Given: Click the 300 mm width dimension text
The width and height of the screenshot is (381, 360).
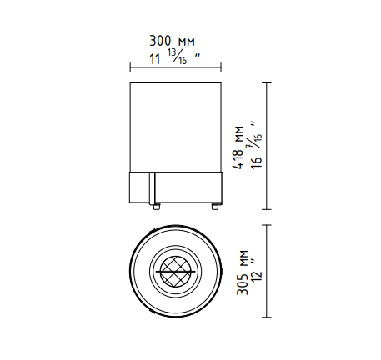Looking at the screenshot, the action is click(172, 41).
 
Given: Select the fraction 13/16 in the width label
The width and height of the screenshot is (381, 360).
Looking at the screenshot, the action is click(177, 57).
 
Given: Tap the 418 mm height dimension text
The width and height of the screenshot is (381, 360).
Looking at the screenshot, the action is click(238, 147).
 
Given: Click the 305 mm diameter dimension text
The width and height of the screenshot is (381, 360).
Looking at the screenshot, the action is click(242, 272).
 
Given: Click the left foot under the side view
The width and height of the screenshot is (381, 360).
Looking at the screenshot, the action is click(157, 207).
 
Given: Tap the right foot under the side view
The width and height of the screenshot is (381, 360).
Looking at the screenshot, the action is click(215, 207).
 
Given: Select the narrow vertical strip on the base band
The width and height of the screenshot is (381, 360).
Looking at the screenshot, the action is click(152, 187).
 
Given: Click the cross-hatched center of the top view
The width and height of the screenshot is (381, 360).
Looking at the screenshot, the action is click(176, 271).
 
